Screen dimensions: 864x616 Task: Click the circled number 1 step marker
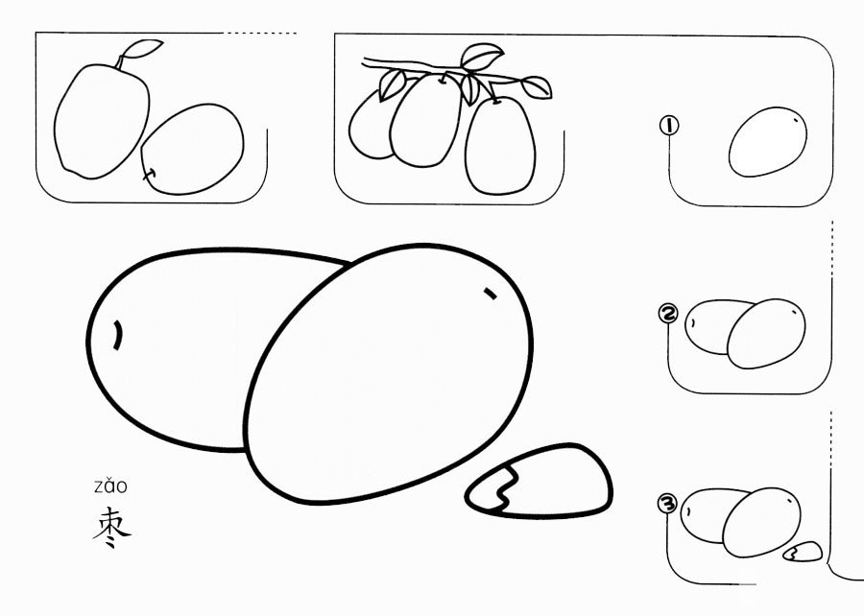point(669,126)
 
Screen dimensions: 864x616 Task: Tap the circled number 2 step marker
point(668,314)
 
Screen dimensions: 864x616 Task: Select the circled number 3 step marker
point(667,503)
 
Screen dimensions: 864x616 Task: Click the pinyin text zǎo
point(110,486)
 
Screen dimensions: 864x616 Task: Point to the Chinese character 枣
point(111,527)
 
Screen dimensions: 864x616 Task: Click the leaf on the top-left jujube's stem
point(142,48)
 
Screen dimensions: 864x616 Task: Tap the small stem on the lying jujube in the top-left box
point(150,174)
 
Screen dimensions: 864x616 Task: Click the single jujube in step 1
point(768,142)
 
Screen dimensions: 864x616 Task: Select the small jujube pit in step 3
point(803,552)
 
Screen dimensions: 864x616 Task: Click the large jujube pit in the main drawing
point(540,482)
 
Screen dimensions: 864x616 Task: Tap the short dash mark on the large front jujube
point(490,294)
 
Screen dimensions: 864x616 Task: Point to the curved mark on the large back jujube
point(118,335)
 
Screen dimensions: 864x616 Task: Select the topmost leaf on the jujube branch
point(483,57)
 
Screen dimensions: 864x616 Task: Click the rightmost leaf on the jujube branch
point(536,87)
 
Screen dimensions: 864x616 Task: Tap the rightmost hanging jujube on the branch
point(500,147)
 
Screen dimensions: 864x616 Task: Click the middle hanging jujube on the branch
point(426,120)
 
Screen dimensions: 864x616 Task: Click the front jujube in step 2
point(766,334)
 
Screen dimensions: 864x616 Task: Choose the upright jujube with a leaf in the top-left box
point(102,121)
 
